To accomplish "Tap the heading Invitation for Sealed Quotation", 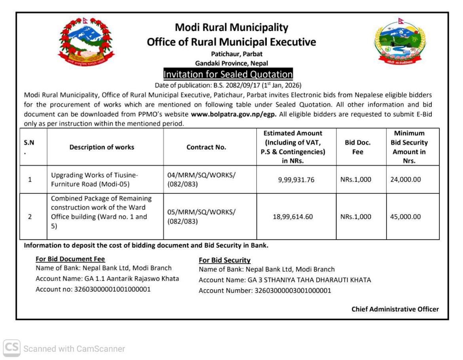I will click(x=228, y=74).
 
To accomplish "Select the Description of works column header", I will click(x=102, y=147).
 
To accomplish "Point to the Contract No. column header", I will click(x=206, y=147).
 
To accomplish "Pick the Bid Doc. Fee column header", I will click(x=357, y=147).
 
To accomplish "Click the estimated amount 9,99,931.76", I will click(x=296, y=180).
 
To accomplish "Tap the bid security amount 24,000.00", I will click(x=405, y=180).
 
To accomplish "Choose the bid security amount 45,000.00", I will click(x=405, y=217).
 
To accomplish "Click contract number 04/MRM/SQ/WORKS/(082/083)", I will click(x=202, y=180).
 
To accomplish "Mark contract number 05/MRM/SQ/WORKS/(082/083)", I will click(x=202, y=217).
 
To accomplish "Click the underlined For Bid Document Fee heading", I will click(x=70, y=259).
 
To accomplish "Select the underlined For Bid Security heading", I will click(x=225, y=260).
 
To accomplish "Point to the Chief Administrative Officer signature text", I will click(x=395, y=309).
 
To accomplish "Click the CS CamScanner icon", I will click(x=11, y=349).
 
